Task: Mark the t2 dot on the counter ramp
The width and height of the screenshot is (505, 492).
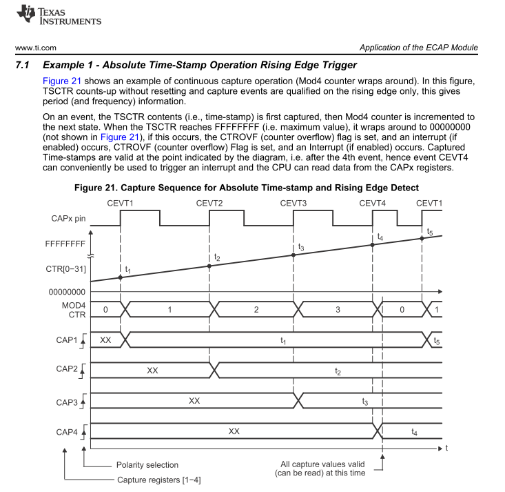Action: click(x=209, y=266)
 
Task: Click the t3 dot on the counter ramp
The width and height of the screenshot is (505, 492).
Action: click(x=293, y=255)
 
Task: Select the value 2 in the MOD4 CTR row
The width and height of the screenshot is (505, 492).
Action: click(x=256, y=310)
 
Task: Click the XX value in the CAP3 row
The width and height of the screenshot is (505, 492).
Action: click(x=194, y=400)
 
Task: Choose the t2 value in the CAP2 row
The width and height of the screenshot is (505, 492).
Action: click(x=338, y=371)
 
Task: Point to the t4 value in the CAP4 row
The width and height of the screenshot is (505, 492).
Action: click(x=413, y=431)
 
